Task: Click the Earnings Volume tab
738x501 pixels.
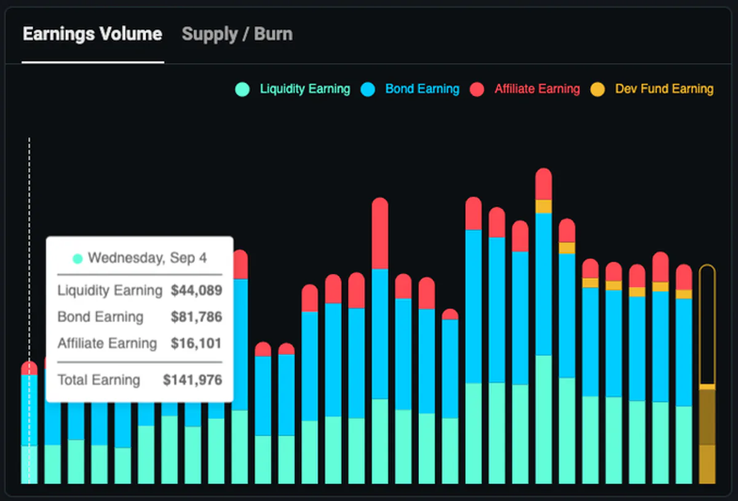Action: tap(93, 34)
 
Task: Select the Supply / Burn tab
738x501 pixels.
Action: tap(237, 34)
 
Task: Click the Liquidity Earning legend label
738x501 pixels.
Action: tap(305, 89)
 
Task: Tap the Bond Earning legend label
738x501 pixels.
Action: tap(422, 89)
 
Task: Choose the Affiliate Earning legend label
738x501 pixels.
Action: tap(537, 89)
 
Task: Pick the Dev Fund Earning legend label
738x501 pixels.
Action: tap(664, 89)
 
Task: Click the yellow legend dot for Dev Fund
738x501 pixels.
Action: tap(597, 89)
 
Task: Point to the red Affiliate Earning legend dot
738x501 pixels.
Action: tap(477, 89)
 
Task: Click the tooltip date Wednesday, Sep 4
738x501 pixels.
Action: tap(147, 258)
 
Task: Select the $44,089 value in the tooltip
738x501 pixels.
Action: tap(196, 291)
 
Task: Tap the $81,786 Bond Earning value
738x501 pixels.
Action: tap(196, 317)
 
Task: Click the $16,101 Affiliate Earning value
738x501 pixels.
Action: tap(196, 343)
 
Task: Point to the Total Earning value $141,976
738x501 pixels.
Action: tap(192, 380)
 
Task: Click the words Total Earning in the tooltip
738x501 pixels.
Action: tap(99, 380)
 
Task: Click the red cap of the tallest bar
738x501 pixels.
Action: tap(544, 184)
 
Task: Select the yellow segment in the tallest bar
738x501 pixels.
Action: tap(544, 207)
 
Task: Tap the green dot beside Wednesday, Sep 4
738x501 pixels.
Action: tap(77, 259)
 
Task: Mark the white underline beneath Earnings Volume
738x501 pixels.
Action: tap(93, 62)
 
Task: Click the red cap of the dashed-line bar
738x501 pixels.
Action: tap(30, 368)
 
